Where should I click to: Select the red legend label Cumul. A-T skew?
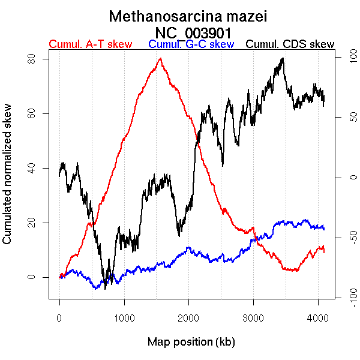point(90,44)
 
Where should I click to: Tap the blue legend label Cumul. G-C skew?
point(191,44)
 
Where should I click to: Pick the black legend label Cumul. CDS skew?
point(290,44)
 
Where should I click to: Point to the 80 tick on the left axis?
point(32,59)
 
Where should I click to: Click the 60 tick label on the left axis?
point(32,113)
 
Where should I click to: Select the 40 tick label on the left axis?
point(32,168)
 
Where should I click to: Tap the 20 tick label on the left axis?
point(32,223)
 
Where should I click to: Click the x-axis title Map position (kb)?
point(191,342)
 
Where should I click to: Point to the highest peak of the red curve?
point(160,58)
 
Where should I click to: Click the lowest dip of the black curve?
point(105,288)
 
